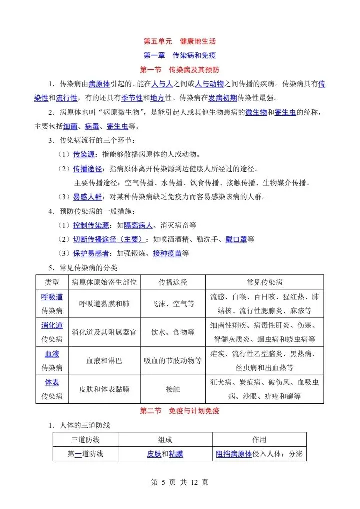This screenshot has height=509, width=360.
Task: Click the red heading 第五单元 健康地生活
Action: pos(179,41)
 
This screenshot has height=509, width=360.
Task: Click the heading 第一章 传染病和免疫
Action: pos(179,55)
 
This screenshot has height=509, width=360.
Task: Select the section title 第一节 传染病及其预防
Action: pos(179,69)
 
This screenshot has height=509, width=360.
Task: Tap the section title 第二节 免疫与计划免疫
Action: pos(179,411)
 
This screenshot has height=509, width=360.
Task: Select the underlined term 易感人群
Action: pos(88,197)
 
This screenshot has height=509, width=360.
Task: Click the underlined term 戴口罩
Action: pos(236,239)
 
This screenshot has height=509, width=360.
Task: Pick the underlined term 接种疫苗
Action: pos(167,253)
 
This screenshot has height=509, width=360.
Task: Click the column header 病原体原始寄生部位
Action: pos(104,282)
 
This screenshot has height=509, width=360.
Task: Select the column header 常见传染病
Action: pos(264,282)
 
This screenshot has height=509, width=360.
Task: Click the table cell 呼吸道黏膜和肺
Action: pos(104,303)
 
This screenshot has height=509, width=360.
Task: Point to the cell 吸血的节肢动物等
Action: pos(173,360)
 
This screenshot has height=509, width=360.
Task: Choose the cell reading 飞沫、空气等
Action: pos(173,303)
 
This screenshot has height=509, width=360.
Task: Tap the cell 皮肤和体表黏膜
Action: pos(104,389)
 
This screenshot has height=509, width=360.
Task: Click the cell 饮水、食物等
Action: pos(173,332)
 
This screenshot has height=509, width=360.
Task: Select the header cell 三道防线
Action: pos(85,440)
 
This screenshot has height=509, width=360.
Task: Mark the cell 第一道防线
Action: pos(85,454)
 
